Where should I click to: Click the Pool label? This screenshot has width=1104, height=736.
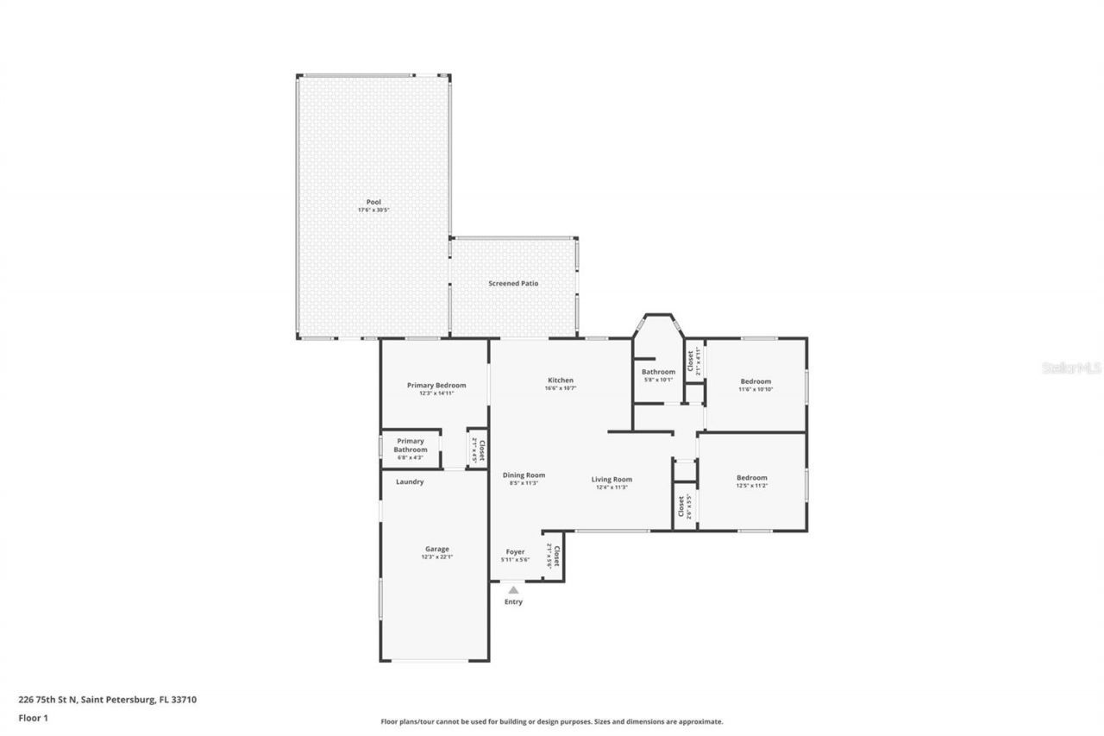click(373, 202)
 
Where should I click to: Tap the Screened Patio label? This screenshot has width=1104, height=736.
click(513, 283)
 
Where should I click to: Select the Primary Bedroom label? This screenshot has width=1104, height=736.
click(436, 385)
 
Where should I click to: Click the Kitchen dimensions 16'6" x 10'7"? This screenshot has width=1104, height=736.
click(560, 388)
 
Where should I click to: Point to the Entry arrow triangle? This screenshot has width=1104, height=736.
click(513, 590)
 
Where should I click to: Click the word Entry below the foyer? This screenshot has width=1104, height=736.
click(513, 602)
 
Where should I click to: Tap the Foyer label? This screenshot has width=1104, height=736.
click(515, 551)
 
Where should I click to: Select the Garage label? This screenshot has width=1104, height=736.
click(436, 549)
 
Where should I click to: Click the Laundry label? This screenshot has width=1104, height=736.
click(410, 481)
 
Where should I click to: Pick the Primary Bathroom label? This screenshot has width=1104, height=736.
click(411, 445)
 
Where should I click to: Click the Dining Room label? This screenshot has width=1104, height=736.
click(524, 475)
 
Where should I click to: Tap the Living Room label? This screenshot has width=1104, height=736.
click(612, 479)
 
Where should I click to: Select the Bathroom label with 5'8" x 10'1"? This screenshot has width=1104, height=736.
click(658, 372)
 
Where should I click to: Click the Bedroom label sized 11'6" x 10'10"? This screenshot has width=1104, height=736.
click(756, 381)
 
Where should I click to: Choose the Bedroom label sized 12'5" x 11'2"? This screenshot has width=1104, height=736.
click(751, 477)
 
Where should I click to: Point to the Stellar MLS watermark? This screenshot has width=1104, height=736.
click(1071, 368)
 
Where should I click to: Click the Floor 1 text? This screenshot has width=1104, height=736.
click(33, 718)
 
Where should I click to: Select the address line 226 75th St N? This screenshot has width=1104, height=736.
click(107, 700)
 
